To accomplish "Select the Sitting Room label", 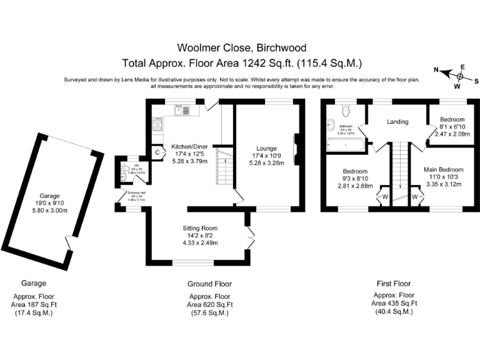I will coord(199,228).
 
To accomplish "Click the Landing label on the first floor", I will coord(397,121).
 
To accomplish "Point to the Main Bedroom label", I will coord(444,169).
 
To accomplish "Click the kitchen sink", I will coord(181,109).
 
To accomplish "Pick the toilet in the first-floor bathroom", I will coord(345,112).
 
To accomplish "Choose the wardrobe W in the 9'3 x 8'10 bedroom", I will coord(384,197).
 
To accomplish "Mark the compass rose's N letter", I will coord(436,71).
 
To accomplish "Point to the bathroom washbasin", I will coord(329,126).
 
